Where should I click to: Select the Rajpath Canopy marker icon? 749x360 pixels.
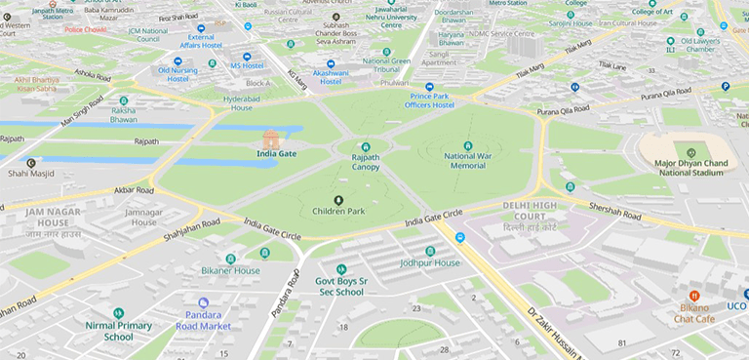click(x=366, y=146)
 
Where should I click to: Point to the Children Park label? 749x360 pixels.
click(x=338, y=211)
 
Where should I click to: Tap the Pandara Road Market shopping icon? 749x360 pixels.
click(x=203, y=303)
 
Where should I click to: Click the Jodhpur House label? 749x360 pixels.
click(x=429, y=263)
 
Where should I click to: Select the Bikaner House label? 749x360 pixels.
click(x=230, y=270)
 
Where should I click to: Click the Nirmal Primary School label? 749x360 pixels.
click(x=118, y=332)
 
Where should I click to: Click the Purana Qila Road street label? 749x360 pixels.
click(x=666, y=95)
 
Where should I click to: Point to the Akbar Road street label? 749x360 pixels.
click(x=134, y=190)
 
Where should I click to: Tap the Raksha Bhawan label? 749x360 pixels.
click(x=123, y=114)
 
